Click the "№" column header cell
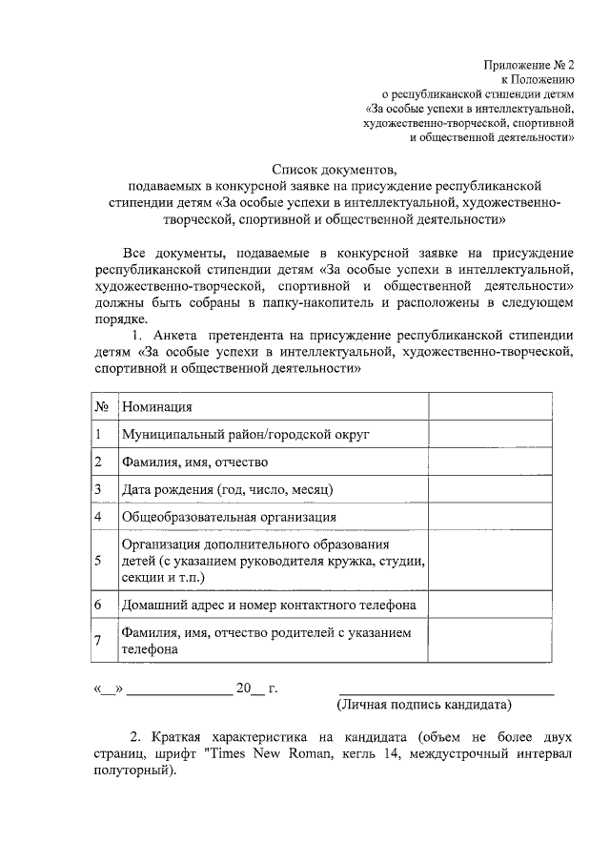[x=101, y=407]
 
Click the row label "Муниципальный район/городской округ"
[x=245, y=435]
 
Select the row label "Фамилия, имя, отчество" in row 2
[x=194, y=462]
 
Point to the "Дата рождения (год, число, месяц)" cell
[x=227, y=489]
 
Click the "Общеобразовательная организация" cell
[x=225, y=517]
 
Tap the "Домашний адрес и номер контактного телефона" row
[x=268, y=606]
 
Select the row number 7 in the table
[x=99, y=640]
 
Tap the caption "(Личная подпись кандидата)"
[x=424, y=706]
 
